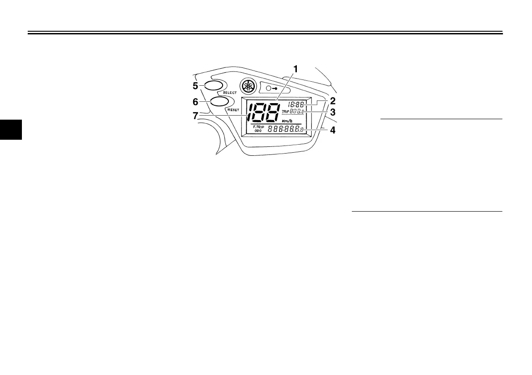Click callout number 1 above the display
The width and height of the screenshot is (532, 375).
pos(295,69)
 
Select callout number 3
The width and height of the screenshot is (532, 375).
pos(333,112)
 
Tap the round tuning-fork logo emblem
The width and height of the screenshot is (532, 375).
pos(247,86)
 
